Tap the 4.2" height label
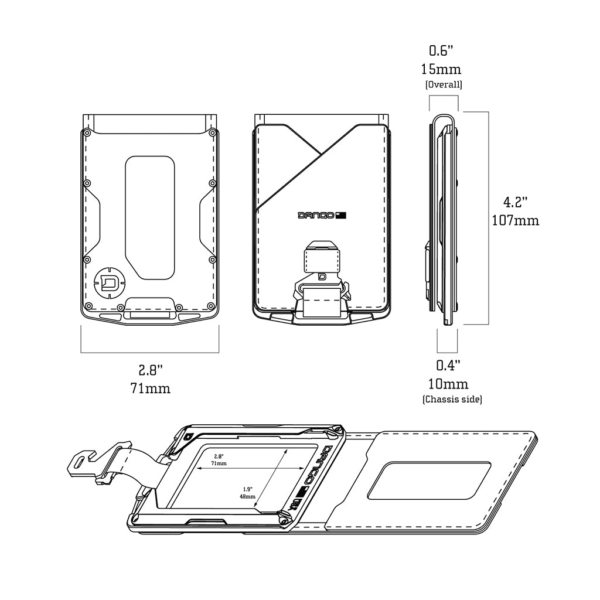pyautogui.click(x=516, y=202)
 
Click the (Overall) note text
pyautogui.click(x=444, y=84)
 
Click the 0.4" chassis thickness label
pyautogui.click(x=448, y=365)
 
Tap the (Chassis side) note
pyautogui.click(x=452, y=400)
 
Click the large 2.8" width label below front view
pyautogui.click(x=151, y=370)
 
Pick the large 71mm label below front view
pyautogui.click(x=151, y=388)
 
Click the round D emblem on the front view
pyautogui.click(x=108, y=283)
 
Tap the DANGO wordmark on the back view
pyautogui.click(x=316, y=215)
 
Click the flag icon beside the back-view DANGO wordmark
pyautogui.click(x=342, y=215)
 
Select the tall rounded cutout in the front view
pyautogui.click(x=150, y=217)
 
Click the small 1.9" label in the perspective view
pyautogui.click(x=247, y=487)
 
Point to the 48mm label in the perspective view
pyautogui.click(x=247, y=496)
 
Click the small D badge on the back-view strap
pyautogui.click(x=322, y=277)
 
